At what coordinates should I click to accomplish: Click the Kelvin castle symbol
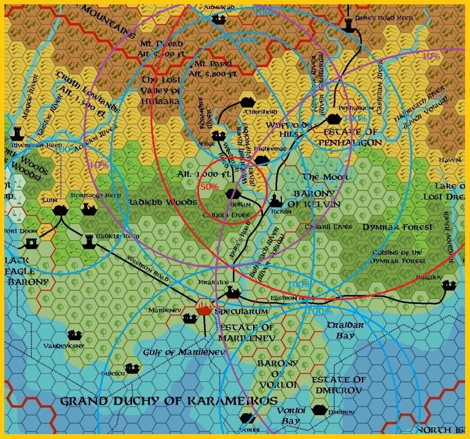276,201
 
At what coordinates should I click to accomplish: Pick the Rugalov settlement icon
449,286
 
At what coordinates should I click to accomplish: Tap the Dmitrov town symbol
319,410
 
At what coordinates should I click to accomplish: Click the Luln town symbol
60,210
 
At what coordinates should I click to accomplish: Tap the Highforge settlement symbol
262,160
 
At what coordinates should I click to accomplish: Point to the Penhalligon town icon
334,119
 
